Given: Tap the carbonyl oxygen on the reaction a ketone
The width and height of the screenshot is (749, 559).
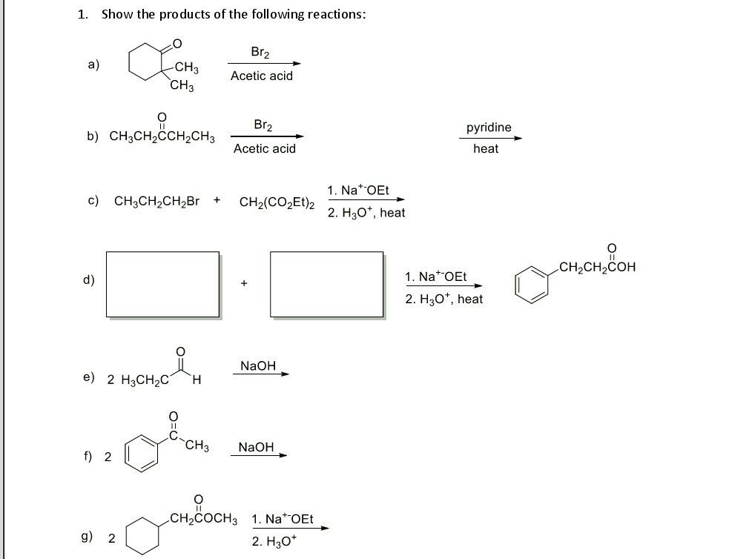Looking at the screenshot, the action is tap(176, 44).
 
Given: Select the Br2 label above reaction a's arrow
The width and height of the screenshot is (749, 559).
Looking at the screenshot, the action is tap(260, 52).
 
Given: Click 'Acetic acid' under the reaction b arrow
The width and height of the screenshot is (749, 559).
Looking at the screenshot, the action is tap(265, 148).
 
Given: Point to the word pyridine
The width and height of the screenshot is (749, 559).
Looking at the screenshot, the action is tap(489, 128).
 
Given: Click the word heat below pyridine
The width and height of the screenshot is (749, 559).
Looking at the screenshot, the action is tap(486, 148).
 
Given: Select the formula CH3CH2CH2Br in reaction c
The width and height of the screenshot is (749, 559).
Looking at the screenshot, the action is tap(156, 202).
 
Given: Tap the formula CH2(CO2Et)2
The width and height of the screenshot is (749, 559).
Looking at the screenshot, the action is tap(277, 202).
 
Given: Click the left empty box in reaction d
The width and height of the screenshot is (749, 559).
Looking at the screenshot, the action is tap(107, 284).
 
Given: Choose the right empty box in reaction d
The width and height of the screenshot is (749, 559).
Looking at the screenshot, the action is tap(271, 284).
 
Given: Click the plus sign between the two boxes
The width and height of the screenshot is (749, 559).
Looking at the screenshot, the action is tap(244, 283).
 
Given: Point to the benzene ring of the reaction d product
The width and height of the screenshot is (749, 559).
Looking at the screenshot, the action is tap(516, 285).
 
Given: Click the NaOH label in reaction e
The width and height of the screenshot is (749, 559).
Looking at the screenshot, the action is tap(258, 365).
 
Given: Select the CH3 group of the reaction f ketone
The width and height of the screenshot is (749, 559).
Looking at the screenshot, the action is tap(197, 446).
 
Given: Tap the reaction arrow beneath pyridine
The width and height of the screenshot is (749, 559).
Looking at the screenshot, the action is tap(491, 139).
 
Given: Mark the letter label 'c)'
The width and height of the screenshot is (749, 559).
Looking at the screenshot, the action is tap(93, 201).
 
